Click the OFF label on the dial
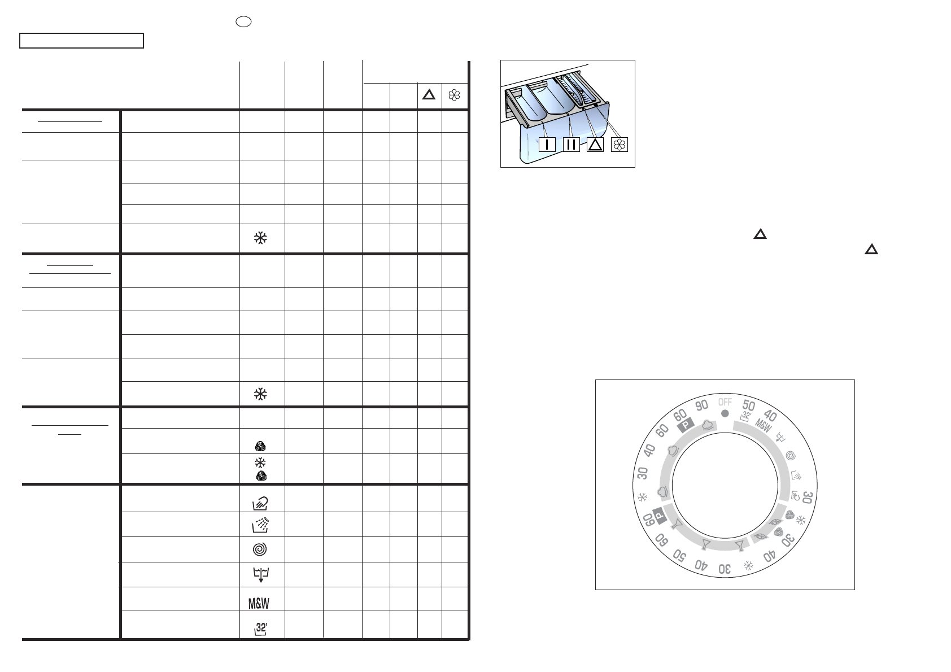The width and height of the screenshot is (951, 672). coord(725,402)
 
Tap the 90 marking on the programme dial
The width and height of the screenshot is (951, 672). coord(701,405)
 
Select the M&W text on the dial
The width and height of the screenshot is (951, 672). coord(763,425)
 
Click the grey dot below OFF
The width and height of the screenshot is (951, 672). coord(725,413)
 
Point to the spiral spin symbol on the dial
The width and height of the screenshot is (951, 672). coord(791,456)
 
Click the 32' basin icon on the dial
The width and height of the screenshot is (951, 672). coord(745,416)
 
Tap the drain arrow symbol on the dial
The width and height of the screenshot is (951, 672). coord(780,437)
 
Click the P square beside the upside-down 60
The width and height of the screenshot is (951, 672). coord(659,516)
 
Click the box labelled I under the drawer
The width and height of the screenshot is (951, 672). coord(547,145)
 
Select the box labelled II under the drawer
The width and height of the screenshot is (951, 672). coord(571,145)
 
